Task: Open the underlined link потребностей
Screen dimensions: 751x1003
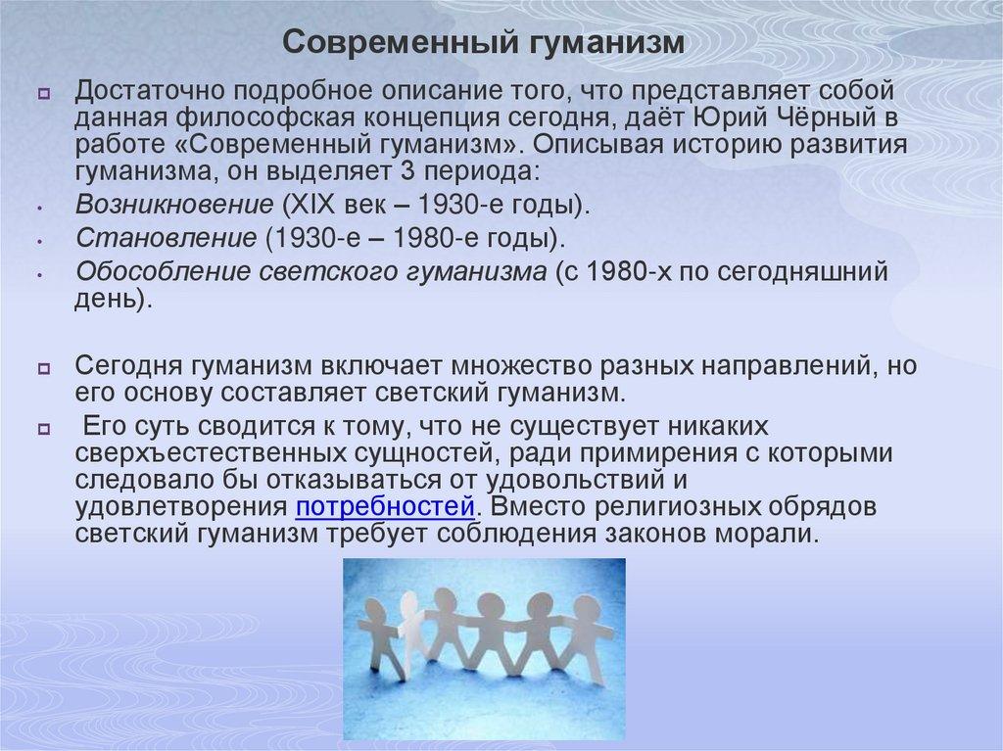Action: click(385, 509)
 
